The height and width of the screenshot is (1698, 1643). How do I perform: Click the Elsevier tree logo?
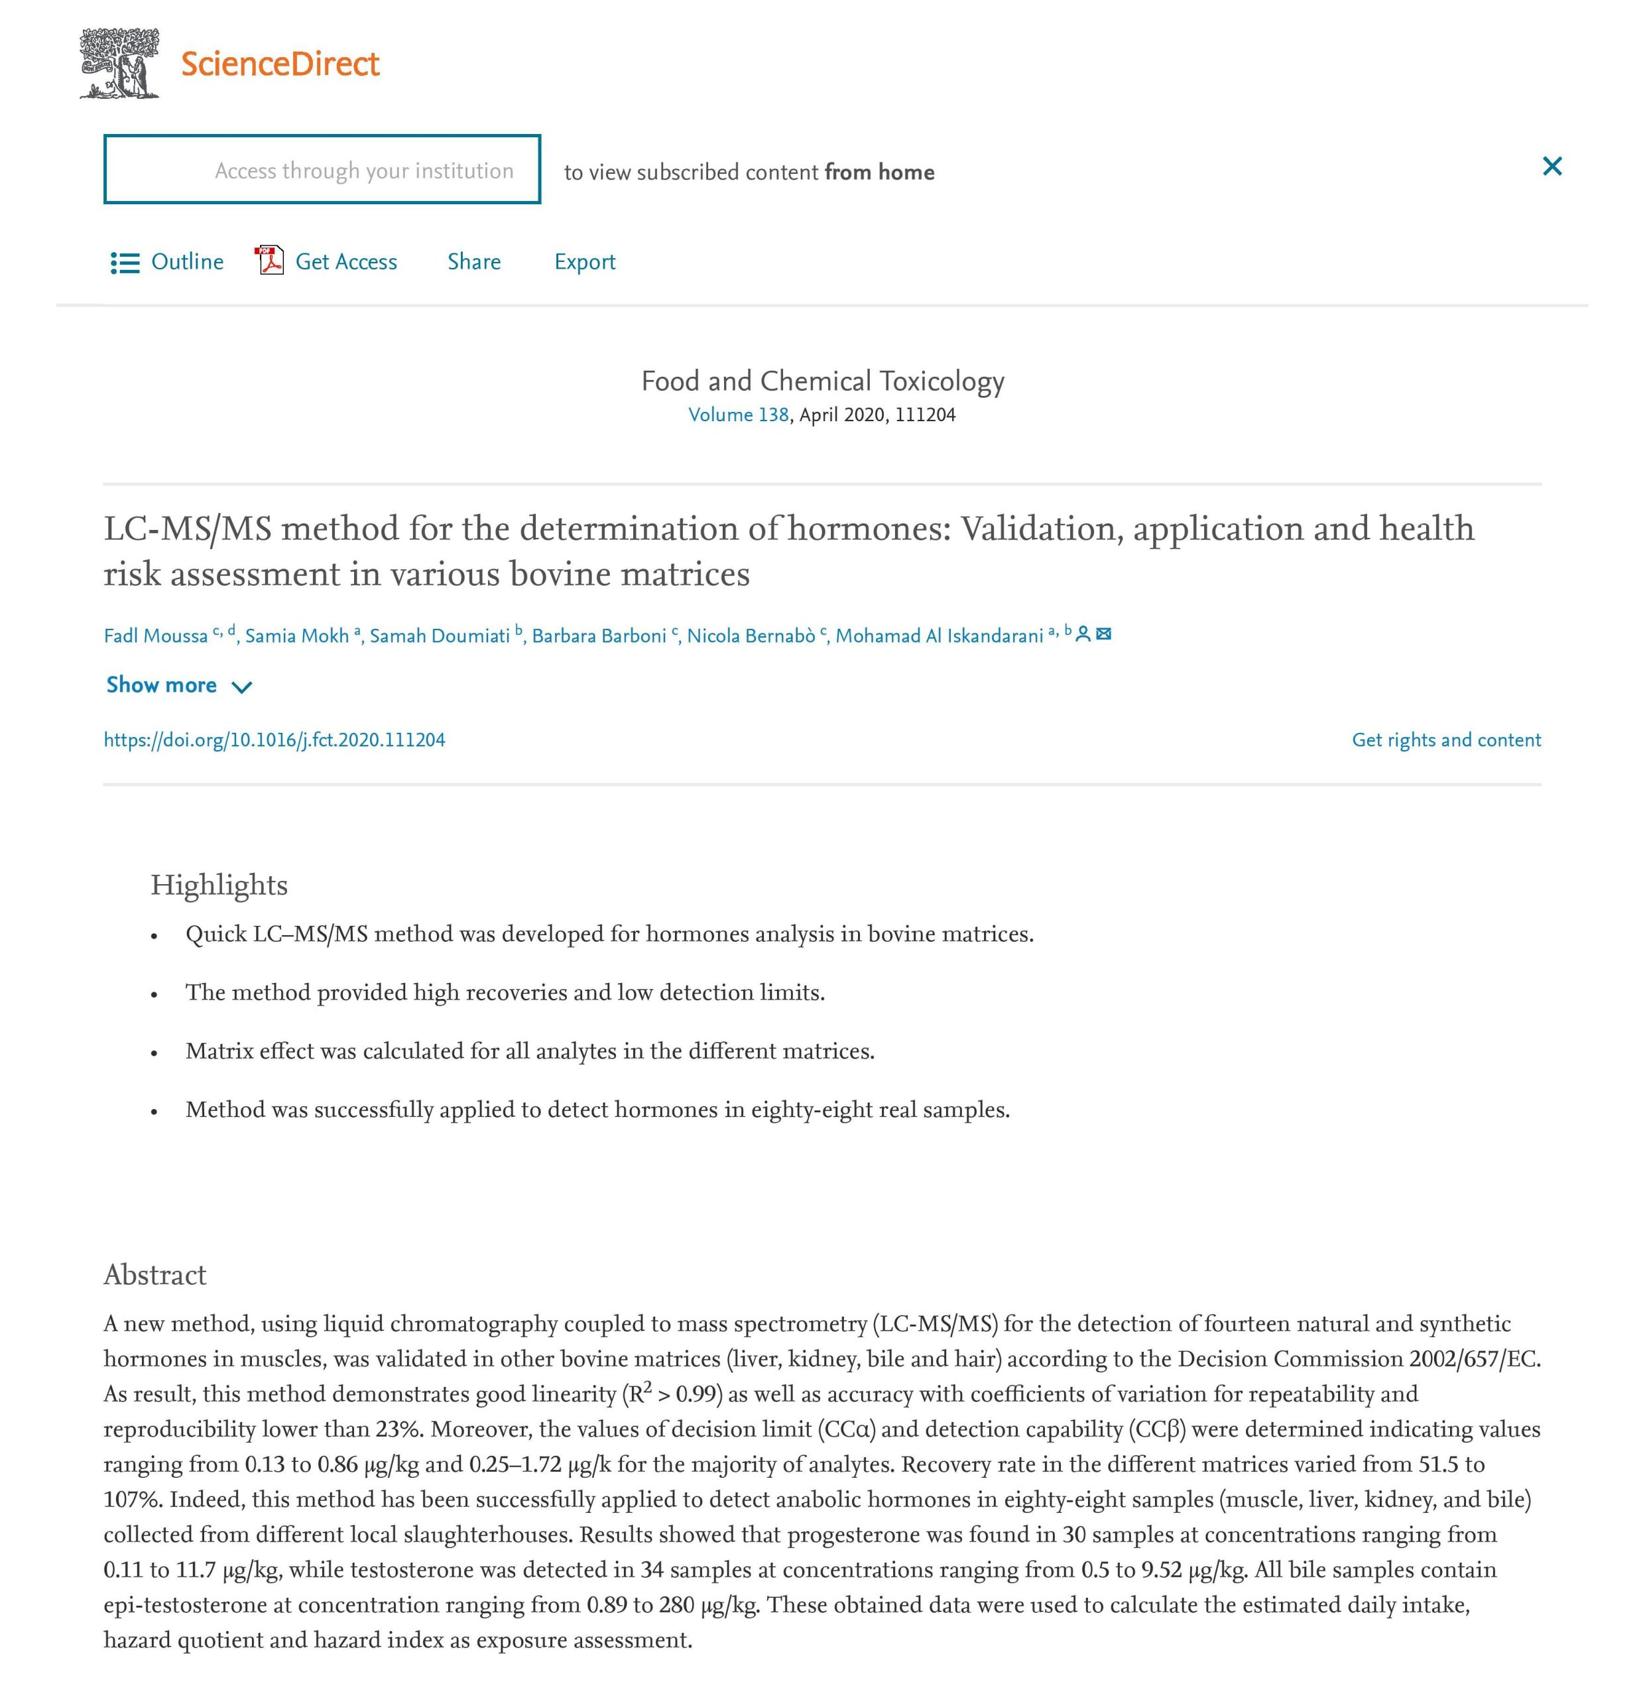[119, 63]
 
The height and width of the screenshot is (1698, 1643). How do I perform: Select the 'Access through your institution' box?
[322, 170]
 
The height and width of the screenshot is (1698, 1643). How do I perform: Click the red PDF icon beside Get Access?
[269, 260]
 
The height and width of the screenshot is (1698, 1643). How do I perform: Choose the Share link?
[474, 261]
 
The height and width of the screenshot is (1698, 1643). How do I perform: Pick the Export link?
[585, 261]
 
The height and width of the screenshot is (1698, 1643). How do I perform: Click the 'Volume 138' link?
[738, 415]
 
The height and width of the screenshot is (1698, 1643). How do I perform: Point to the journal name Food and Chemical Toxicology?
[822, 381]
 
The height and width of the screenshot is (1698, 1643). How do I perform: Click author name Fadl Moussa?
[156, 636]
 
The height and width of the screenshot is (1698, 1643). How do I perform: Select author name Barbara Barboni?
[599, 636]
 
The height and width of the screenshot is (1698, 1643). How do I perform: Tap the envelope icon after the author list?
[1103, 634]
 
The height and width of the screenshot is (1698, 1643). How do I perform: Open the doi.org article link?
[274, 740]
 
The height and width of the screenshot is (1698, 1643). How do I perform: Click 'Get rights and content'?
[1445, 740]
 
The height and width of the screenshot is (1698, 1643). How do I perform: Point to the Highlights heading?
[219, 885]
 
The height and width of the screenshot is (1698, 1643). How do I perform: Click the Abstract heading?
[155, 1274]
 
